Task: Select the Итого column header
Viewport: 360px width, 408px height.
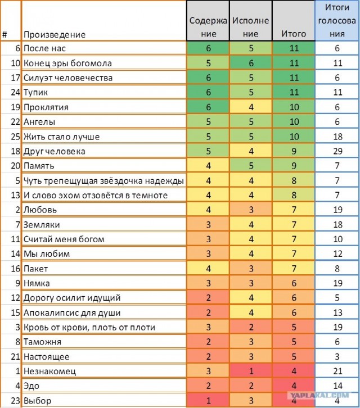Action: [293, 34]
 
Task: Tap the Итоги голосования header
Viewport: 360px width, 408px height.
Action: [337, 20]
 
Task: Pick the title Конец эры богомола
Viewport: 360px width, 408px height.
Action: [67, 64]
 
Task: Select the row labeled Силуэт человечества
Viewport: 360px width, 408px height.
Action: [67, 78]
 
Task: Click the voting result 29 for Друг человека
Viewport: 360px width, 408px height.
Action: [337, 151]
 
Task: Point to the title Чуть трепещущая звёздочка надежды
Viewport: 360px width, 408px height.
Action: [104, 180]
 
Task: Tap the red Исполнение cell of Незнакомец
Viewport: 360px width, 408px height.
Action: [250, 371]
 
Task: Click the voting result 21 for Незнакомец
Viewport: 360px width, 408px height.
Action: [337, 371]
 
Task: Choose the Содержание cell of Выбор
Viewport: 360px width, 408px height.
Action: [208, 400]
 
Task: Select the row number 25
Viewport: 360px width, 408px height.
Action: [11, 137]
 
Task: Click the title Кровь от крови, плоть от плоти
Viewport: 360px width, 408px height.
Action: [89, 327]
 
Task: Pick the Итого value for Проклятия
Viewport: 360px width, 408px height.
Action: [293, 107]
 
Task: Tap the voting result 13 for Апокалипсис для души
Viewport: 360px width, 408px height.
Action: [337, 312]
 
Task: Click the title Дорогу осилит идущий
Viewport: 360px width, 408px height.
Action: [72, 298]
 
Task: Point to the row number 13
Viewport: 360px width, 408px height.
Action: [11, 195]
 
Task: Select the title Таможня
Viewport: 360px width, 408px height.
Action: [43, 342]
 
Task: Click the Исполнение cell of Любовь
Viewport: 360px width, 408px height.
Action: [250, 210]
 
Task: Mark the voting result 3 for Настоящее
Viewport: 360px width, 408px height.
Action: [337, 356]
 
